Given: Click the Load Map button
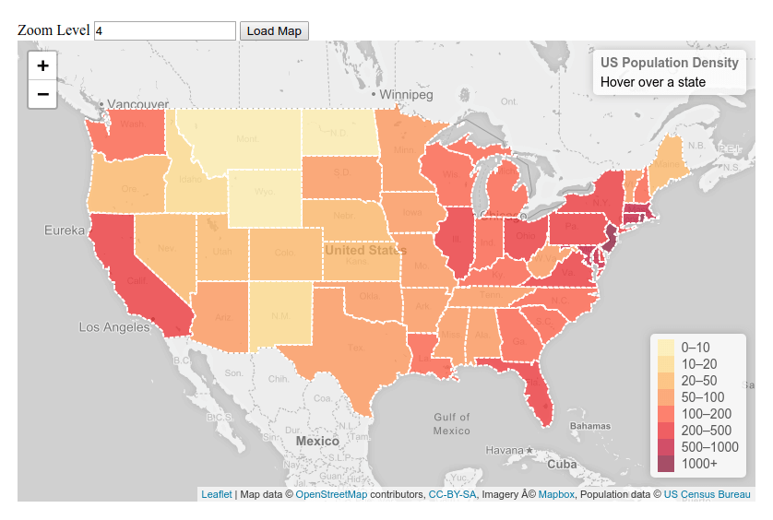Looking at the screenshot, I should (x=274, y=30).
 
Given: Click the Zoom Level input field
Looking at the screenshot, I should (x=165, y=30).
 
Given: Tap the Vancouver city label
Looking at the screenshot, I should (x=137, y=104).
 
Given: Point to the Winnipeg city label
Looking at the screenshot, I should (x=406, y=95).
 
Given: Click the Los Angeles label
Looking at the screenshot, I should (x=113, y=327).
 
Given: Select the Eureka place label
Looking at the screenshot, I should (x=64, y=230).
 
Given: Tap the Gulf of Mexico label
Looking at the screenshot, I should (x=451, y=424).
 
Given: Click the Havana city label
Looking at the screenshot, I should (x=506, y=450).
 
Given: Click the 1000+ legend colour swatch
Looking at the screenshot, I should (x=665, y=464).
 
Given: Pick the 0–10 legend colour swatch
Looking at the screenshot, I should (x=665, y=347).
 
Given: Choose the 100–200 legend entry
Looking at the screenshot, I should (x=706, y=414).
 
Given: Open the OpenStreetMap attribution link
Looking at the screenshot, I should (x=331, y=495).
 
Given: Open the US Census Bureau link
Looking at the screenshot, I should (x=707, y=495).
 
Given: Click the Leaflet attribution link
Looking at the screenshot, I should (x=217, y=495).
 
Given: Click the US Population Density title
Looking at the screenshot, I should (x=669, y=63).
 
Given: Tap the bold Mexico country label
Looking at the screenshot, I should (x=317, y=442).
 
